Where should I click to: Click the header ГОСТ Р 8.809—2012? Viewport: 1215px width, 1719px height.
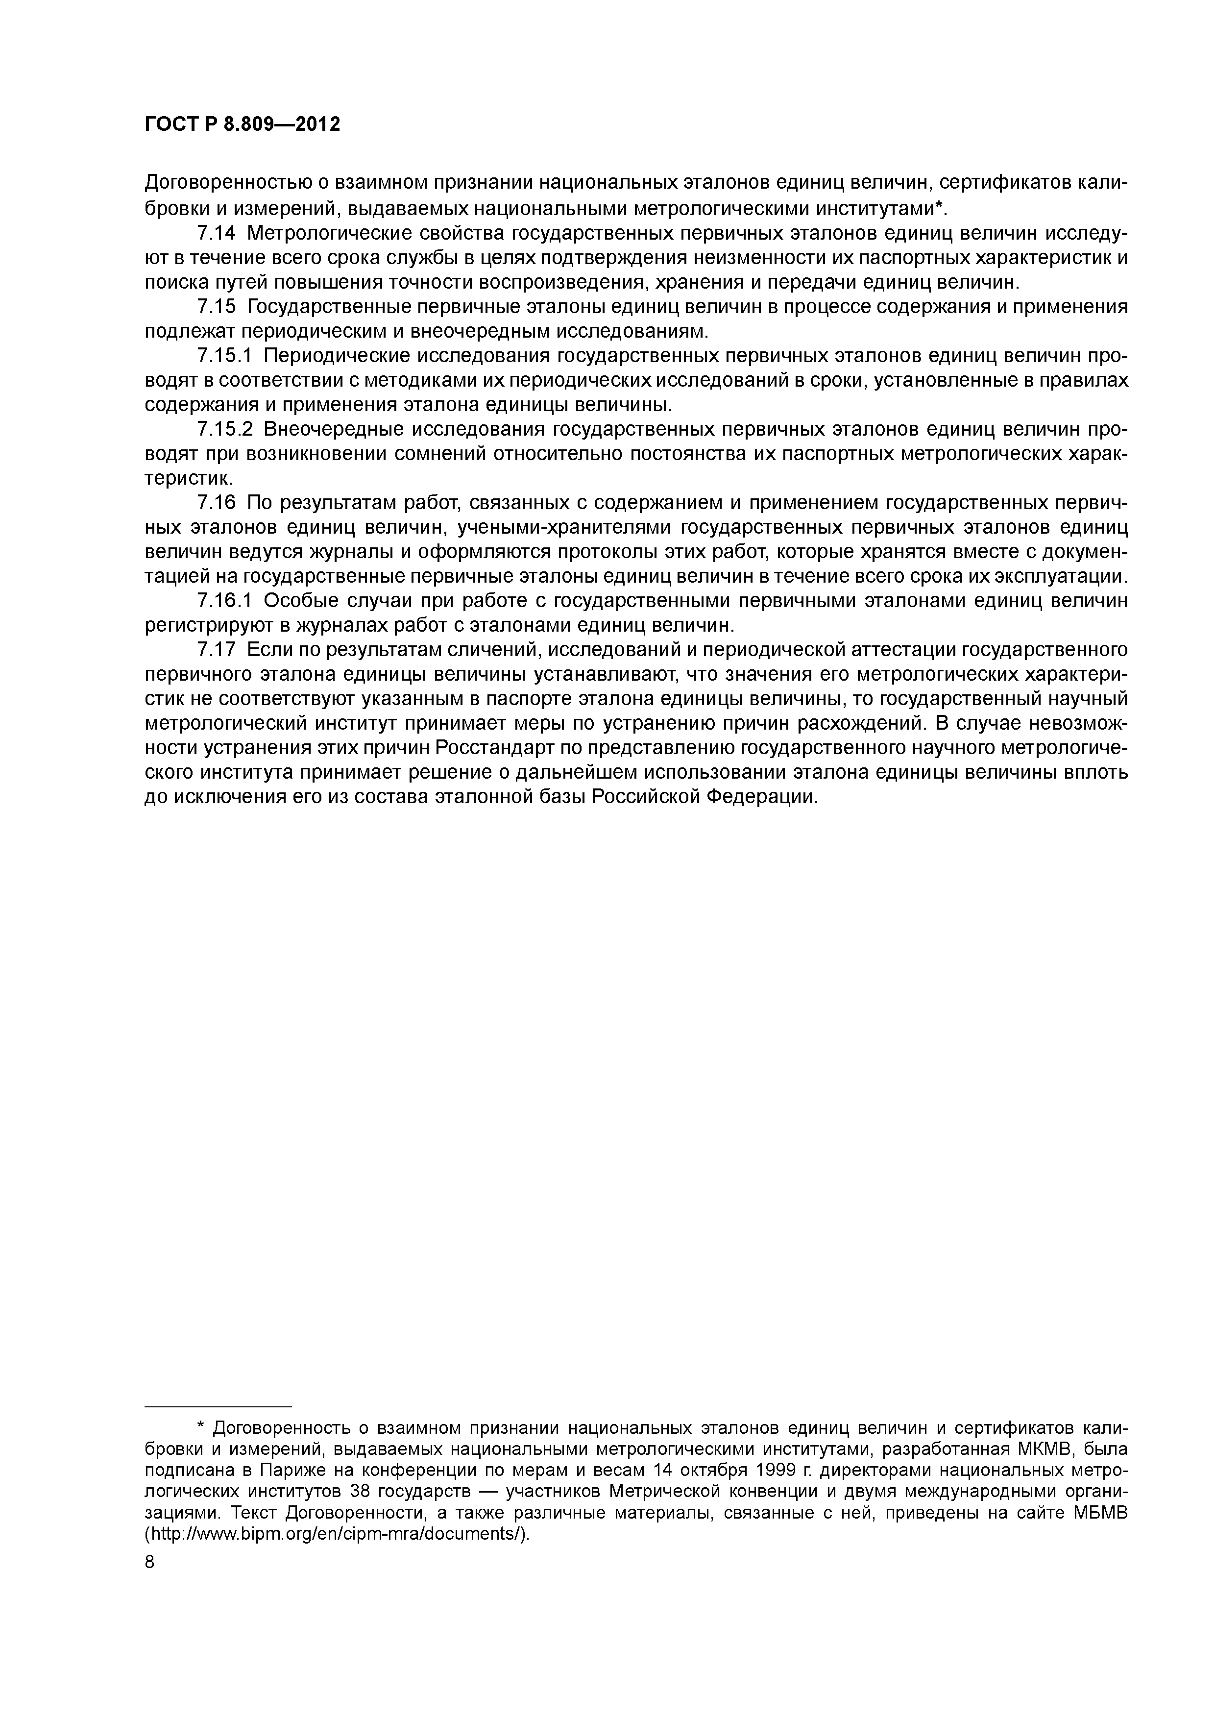pos(242,124)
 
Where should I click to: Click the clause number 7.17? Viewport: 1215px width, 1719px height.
pos(217,649)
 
